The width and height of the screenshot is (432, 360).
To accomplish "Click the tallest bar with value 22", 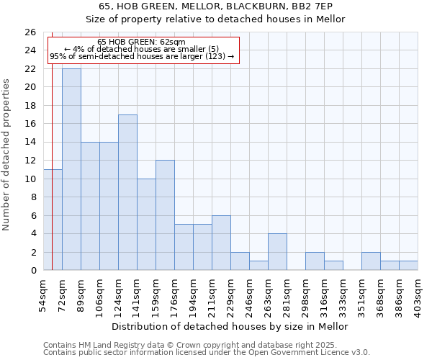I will [x=71, y=169].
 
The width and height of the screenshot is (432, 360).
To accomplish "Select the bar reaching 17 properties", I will [x=127, y=192].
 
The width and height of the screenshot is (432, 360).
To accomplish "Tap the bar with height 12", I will [x=165, y=215].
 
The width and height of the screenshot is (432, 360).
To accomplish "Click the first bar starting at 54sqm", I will [x=53, y=220].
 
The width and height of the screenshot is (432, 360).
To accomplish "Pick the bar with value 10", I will [x=146, y=225].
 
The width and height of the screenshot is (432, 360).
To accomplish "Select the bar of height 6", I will [x=221, y=243].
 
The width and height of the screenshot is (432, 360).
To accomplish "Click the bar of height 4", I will [x=277, y=252].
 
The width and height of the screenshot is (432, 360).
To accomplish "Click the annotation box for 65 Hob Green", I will [x=143, y=50].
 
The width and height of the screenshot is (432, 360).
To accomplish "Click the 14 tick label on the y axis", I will [x=30, y=142].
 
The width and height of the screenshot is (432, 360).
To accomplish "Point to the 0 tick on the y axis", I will [x=32, y=270].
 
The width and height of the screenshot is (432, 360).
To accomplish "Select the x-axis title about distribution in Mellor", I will [x=230, y=326].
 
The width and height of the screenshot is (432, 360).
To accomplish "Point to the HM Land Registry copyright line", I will [x=190, y=345].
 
